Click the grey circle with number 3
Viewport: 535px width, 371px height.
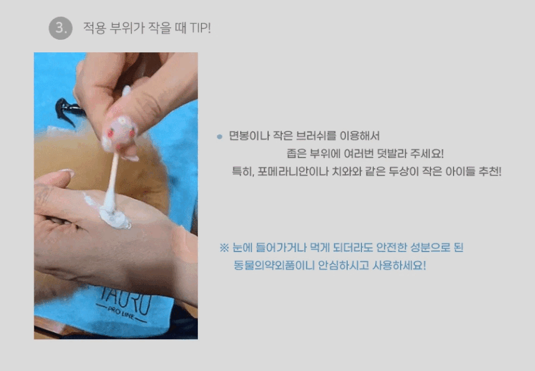(x=60, y=28)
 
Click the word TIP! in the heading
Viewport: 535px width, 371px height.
(x=200, y=28)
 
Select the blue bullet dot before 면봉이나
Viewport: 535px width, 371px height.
(x=220, y=137)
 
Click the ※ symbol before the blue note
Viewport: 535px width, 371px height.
(x=224, y=248)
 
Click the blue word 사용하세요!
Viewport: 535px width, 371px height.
(x=399, y=265)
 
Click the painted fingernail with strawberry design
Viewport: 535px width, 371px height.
(x=120, y=134)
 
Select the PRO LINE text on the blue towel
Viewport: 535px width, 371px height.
(x=121, y=313)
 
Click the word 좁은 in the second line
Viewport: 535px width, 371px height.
(x=296, y=154)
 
